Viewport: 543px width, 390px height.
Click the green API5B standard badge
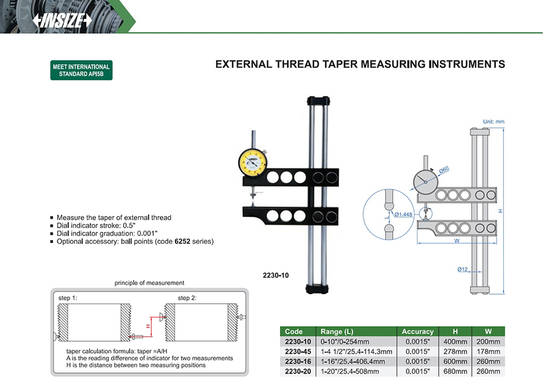coord(81,71)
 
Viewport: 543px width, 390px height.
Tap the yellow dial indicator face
coord(253,161)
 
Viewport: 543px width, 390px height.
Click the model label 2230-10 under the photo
coord(276,275)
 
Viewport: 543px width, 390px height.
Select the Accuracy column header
coord(418,331)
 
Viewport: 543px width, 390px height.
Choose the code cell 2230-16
coord(297,361)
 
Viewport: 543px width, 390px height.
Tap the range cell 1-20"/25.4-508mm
coord(349,371)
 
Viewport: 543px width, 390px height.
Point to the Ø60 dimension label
coord(444,170)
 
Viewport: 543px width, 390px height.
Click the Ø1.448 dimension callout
coord(404,214)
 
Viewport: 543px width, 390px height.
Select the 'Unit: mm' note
coord(493,122)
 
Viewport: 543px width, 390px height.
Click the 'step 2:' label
coord(187,298)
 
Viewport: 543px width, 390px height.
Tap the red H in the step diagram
coord(148,326)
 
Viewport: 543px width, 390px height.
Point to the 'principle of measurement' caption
coord(150,283)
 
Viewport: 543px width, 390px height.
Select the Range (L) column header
coord(337,331)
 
